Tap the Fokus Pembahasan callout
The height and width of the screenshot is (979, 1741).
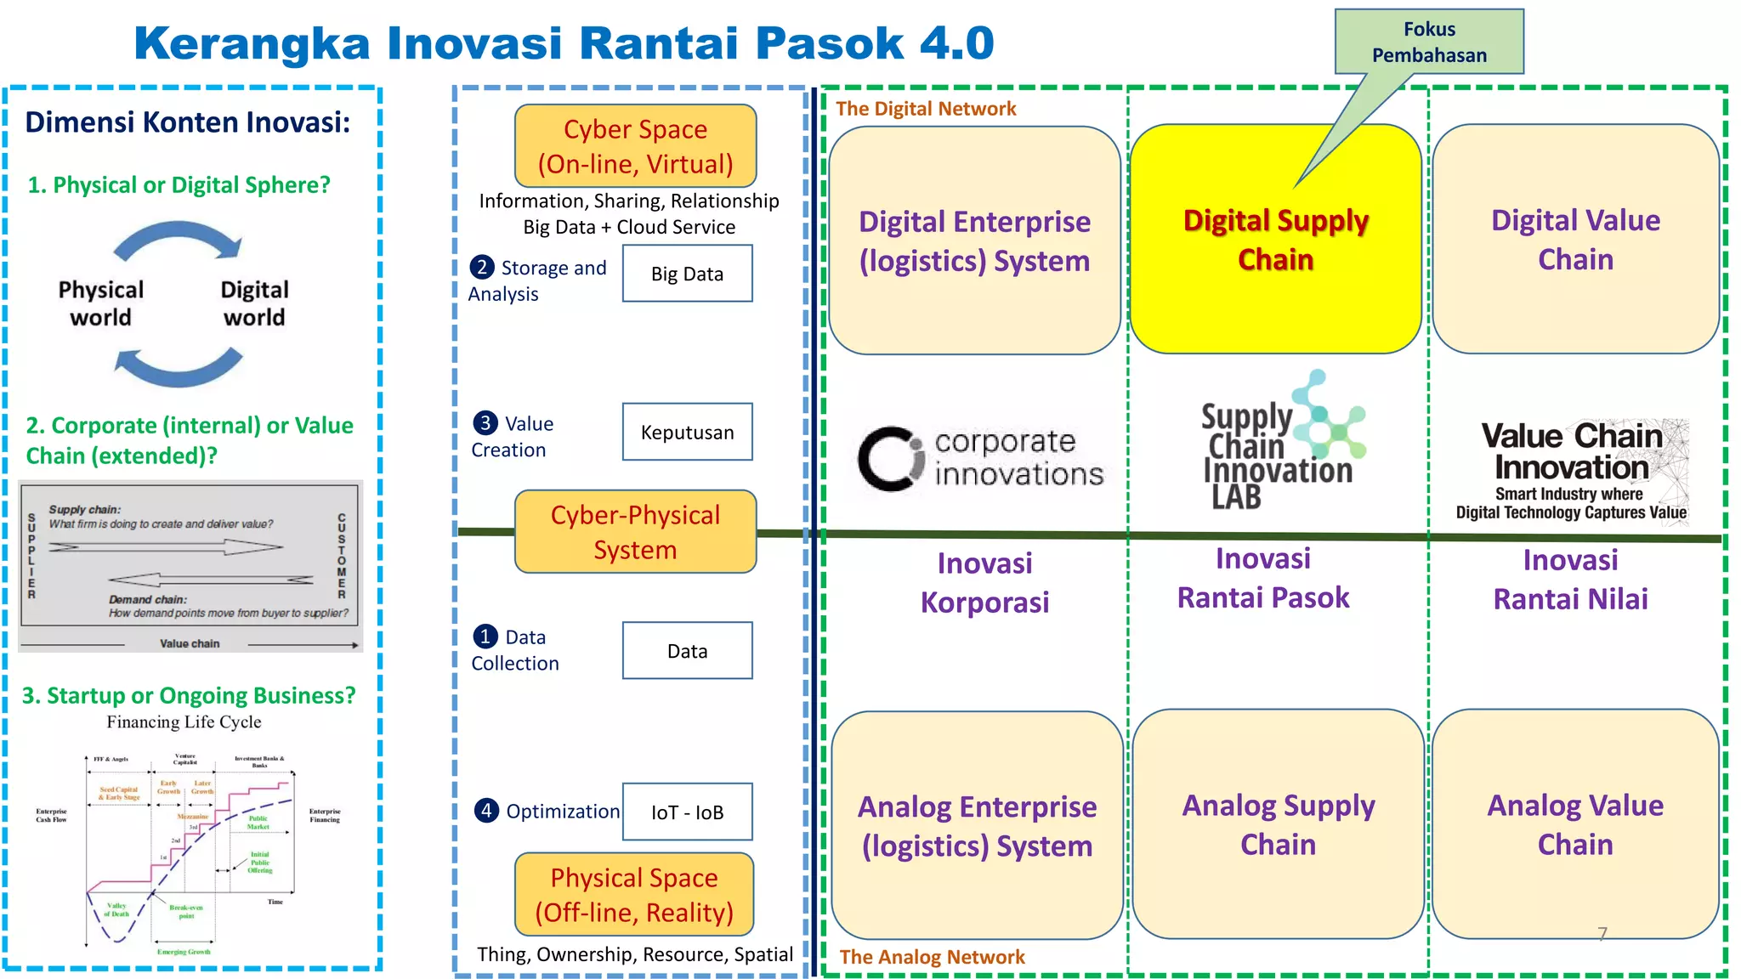1429,42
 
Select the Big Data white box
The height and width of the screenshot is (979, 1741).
687,274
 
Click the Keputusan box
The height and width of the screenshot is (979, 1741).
687,433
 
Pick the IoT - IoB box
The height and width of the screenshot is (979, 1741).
687,812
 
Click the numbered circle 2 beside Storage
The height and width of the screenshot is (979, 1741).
482,268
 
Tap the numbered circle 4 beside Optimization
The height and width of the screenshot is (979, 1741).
485,811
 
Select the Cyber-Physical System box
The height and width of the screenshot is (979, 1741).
635,532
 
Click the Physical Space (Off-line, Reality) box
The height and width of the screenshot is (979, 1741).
634,895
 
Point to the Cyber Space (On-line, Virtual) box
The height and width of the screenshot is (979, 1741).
635,146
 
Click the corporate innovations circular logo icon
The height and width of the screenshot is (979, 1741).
889,459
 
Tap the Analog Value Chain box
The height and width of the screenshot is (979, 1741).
1575,824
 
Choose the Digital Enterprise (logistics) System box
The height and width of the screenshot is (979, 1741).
974,241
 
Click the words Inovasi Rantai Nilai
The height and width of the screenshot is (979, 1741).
1570,580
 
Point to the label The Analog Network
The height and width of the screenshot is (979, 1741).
932,957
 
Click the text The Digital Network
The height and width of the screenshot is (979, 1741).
926,109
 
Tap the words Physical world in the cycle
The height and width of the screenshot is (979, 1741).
100,303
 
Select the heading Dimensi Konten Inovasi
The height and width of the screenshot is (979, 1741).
188,122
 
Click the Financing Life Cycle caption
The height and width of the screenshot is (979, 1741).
184,722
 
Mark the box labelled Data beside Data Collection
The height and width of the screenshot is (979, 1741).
687,651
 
